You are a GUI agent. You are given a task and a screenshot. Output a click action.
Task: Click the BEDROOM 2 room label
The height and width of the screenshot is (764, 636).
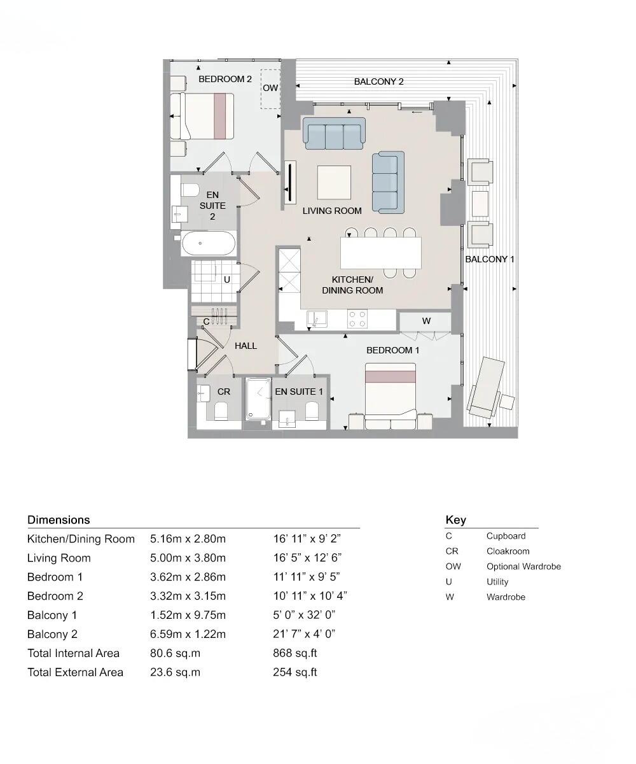[225, 79]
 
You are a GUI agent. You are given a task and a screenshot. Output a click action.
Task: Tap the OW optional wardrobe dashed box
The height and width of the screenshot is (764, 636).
[270, 88]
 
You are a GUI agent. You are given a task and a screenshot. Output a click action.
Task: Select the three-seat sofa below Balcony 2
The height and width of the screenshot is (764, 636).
[334, 134]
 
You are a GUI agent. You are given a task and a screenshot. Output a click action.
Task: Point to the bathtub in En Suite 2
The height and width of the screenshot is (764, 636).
[209, 243]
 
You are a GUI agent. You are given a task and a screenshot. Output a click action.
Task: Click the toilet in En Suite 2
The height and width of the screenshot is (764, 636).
[190, 190]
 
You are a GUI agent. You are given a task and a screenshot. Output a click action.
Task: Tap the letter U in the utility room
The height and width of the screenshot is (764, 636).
[226, 279]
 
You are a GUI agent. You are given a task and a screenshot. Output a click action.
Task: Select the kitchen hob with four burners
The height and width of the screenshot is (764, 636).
[357, 318]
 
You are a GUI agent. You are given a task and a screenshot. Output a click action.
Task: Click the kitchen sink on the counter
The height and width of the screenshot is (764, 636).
[316, 318]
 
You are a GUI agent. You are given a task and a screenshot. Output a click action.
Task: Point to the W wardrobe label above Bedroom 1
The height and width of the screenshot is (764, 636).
[426, 321]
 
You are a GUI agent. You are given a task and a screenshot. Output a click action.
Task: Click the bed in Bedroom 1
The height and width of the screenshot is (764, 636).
[391, 395]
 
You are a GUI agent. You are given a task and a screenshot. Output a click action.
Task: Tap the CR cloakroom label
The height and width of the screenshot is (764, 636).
[223, 392]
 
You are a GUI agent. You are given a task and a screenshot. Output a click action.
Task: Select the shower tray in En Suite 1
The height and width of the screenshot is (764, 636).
[258, 400]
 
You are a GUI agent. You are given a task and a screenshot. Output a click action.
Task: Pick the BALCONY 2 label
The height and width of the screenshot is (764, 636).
[378, 81]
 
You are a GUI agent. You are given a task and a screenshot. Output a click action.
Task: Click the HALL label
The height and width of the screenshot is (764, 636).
[245, 346]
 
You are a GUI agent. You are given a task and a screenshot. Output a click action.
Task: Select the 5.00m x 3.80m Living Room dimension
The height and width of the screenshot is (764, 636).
[188, 558]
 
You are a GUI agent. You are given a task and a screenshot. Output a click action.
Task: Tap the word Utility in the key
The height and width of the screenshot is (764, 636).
[497, 582]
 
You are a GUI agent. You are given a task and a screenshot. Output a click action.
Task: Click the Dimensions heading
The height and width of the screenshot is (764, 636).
[59, 520]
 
